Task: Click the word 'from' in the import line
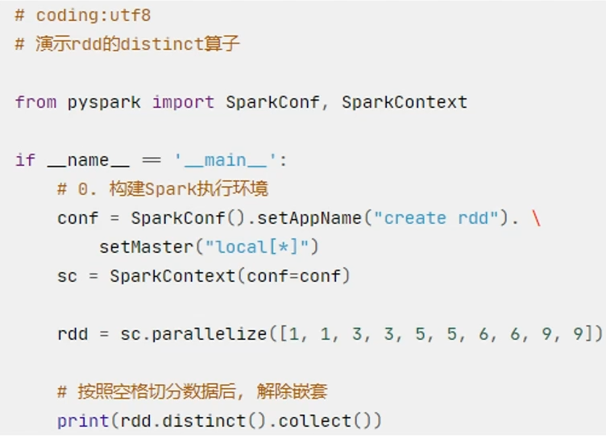(35, 102)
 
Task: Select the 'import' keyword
(183, 102)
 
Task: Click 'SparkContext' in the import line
(404, 102)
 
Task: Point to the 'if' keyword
(25, 160)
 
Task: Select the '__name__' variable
(88, 160)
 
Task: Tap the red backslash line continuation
(536, 218)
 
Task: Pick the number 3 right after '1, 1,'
(357, 334)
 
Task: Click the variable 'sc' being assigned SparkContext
(67, 276)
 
